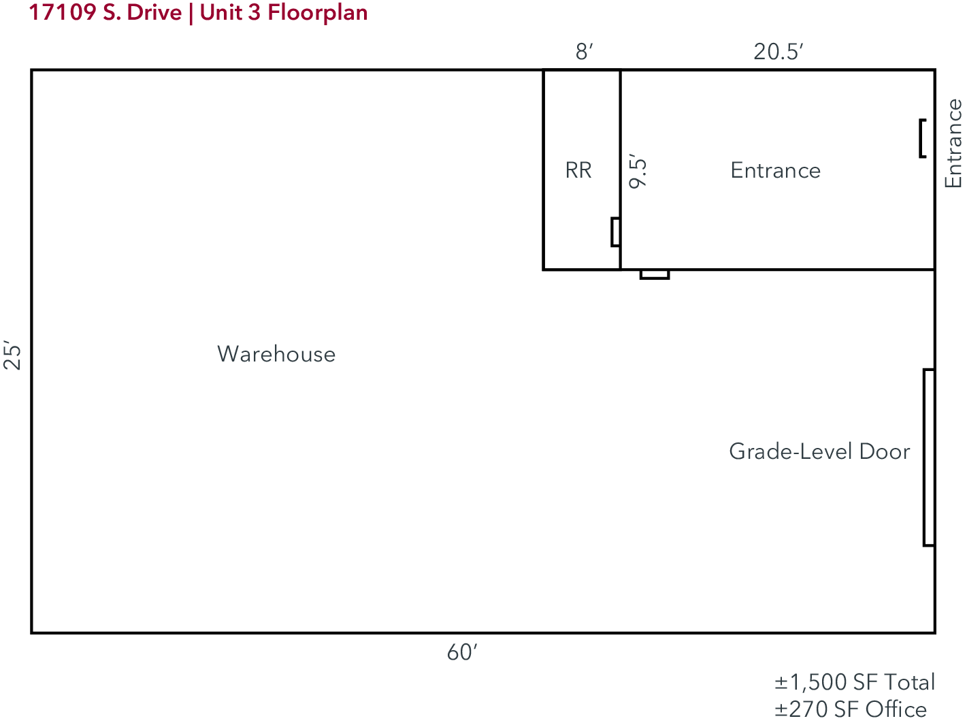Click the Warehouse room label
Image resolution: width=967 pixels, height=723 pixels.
(276, 354)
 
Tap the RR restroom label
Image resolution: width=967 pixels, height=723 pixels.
(578, 170)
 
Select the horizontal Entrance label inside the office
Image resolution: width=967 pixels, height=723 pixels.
(775, 170)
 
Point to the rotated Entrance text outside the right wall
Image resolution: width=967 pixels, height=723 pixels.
(953, 144)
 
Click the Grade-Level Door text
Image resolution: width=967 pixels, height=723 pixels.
(819, 451)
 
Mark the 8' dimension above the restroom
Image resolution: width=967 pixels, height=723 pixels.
(584, 52)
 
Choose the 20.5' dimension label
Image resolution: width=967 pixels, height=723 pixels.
(778, 52)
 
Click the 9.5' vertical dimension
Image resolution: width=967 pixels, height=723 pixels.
(638, 172)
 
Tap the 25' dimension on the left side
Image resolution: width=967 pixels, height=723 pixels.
(12, 355)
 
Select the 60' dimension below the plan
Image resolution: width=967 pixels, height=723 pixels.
(462, 652)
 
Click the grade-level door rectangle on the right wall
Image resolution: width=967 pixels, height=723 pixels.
(928, 457)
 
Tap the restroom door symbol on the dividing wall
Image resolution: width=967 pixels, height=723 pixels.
(615, 232)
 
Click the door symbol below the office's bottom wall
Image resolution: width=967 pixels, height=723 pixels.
(655, 274)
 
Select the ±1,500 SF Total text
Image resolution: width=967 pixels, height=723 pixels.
(855, 682)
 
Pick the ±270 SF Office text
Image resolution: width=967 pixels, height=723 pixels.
(851, 709)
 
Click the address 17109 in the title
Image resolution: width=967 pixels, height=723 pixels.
(63, 12)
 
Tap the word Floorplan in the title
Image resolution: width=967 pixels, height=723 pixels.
(318, 13)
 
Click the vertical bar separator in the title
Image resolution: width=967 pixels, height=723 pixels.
(191, 14)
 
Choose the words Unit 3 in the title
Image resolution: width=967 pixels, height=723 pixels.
(230, 12)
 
